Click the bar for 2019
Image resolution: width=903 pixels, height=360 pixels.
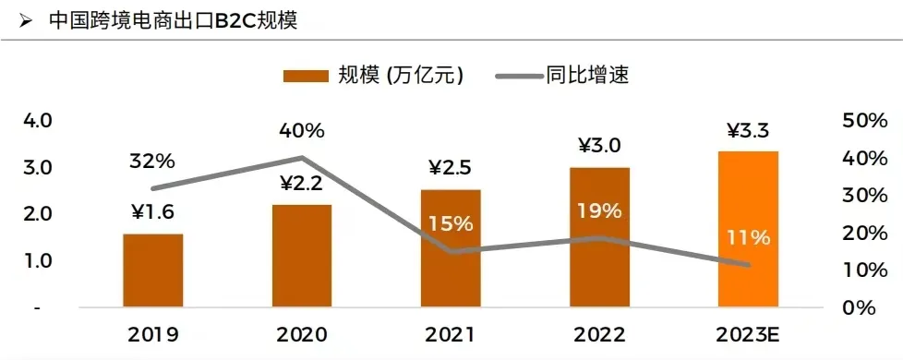pos(153,270)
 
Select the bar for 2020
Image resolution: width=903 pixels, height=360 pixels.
pos(302,256)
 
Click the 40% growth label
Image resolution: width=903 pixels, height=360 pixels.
pos(301,129)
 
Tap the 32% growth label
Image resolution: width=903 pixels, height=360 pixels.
pos(152,161)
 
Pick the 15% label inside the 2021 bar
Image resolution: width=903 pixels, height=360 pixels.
pos(451,223)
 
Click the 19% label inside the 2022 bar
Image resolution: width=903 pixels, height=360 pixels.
pos(599,211)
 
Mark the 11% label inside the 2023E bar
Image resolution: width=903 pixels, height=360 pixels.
pos(748,237)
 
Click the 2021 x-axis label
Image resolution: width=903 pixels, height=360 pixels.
pos(451,334)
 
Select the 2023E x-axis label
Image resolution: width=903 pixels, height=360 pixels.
pos(748,334)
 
